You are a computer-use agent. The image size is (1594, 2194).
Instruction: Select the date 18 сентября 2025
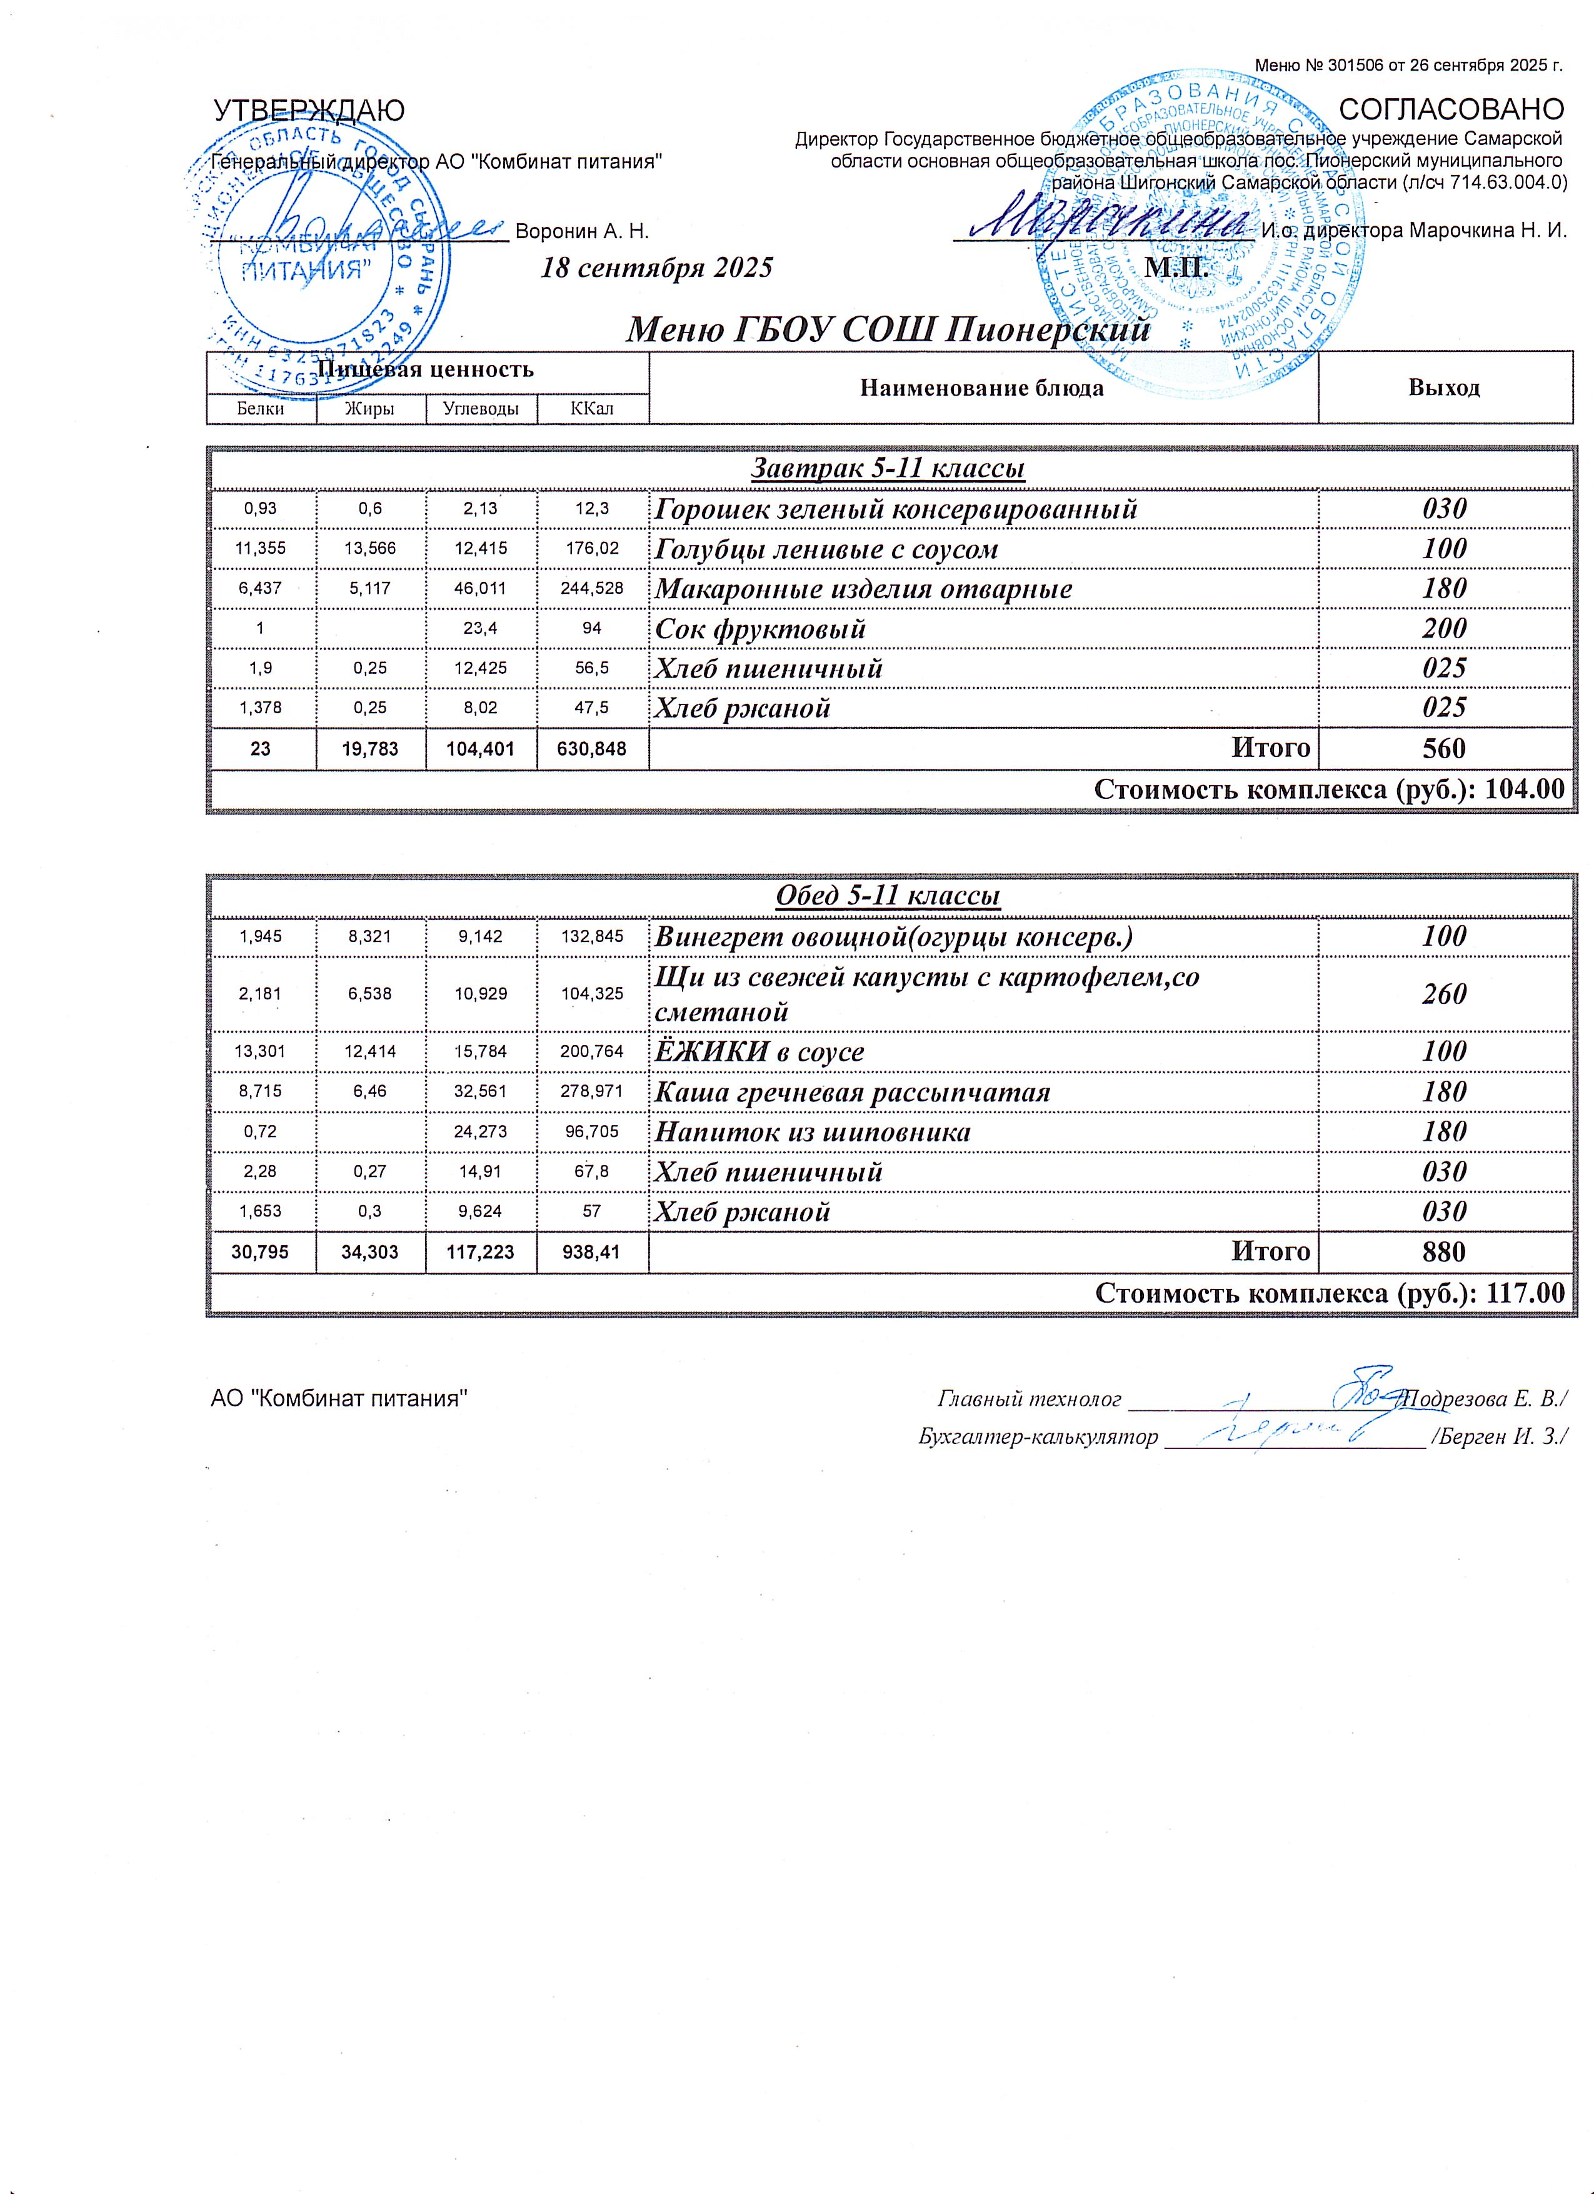pyautogui.click(x=657, y=267)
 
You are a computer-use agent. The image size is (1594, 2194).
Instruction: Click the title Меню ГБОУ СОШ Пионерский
pyautogui.click(x=888, y=331)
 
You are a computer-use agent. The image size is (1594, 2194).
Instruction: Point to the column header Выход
pyautogui.click(x=1444, y=388)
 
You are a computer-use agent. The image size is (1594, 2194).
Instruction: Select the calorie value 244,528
pyautogui.click(x=593, y=589)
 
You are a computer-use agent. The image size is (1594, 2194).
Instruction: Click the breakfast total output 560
pyautogui.click(x=1444, y=748)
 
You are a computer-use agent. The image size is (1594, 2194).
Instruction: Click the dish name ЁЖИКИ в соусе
pyautogui.click(x=759, y=1051)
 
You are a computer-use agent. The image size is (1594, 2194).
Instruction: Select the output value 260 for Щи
pyautogui.click(x=1444, y=994)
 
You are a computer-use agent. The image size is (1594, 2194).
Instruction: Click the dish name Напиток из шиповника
pyautogui.click(x=813, y=1132)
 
